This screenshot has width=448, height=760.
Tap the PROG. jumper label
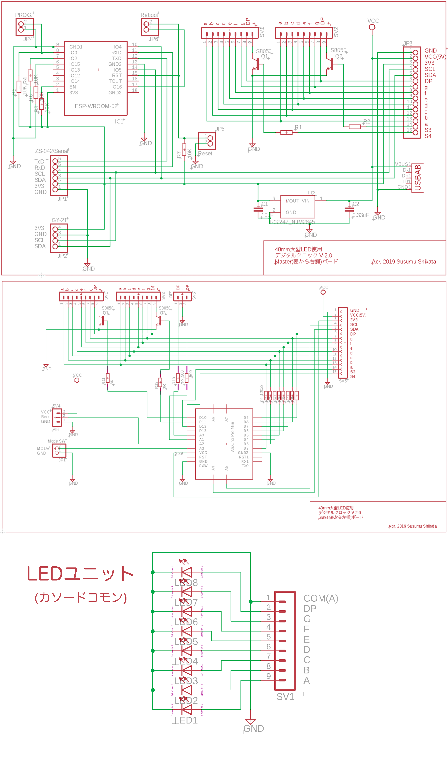[x=23, y=15]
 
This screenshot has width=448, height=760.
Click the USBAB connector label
[x=418, y=178]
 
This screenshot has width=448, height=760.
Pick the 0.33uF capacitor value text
[x=361, y=215]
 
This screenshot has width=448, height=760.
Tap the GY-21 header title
[x=59, y=220]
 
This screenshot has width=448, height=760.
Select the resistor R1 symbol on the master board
[x=286, y=132]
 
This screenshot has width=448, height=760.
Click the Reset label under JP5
[x=205, y=154]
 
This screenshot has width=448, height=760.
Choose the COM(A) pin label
[x=321, y=598]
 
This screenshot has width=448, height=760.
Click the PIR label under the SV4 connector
[x=56, y=429]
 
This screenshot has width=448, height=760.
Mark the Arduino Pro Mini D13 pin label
[x=203, y=431]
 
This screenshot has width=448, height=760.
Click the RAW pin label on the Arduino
[x=203, y=466]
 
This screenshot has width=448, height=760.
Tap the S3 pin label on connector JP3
[x=428, y=130]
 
